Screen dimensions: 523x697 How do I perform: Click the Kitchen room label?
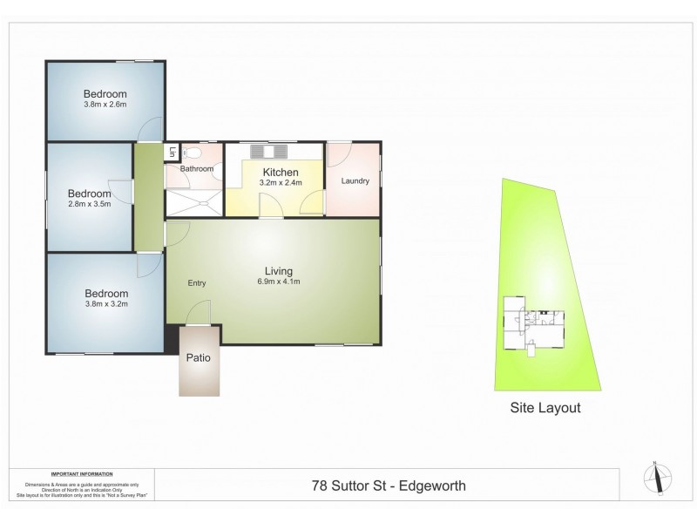click(280, 173)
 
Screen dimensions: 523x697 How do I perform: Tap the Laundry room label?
click(355, 181)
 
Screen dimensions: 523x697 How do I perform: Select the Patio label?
click(198, 357)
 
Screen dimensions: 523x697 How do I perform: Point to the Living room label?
click(280, 270)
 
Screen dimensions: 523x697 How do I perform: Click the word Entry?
click(197, 283)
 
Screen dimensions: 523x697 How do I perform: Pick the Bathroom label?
click(197, 168)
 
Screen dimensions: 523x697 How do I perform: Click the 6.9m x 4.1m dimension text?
click(280, 282)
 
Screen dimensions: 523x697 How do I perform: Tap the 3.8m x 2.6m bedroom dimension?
click(105, 105)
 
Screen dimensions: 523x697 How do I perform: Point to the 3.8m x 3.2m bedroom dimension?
click(105, 305)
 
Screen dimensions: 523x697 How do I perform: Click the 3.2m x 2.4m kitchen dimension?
click(280, 184)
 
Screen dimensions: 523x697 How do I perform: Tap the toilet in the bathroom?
click(188, 153)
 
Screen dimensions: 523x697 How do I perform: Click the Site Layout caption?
click(545, 407)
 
